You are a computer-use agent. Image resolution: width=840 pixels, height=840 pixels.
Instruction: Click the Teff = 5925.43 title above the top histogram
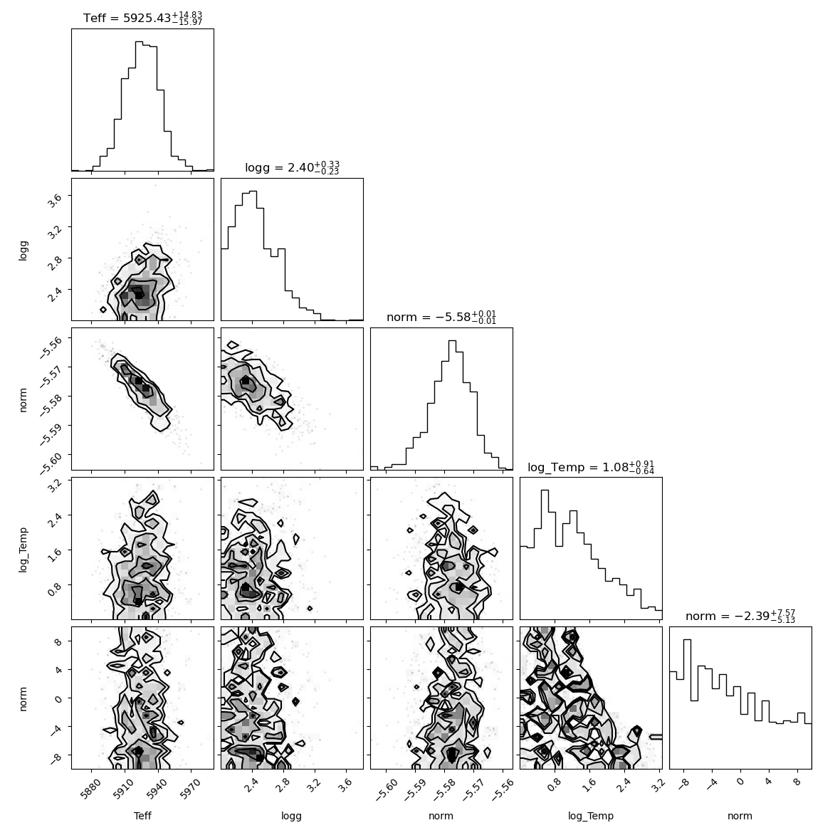pyautogui.click(x=142, y=18)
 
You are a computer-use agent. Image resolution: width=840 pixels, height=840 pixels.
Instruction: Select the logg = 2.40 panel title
pyautogui.click(x=292, y=168)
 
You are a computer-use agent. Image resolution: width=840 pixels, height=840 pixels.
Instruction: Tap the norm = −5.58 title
pyautogui.click(x=441, y=317)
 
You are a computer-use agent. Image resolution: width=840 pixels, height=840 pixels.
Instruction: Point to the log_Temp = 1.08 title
pyautogui.click(x=591, y=467)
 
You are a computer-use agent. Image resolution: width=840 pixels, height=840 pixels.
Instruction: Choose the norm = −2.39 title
pyautogui.click(x=740, y=616)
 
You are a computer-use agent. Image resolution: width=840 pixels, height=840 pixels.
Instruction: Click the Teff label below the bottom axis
pyautogui.click(x=142, y=815)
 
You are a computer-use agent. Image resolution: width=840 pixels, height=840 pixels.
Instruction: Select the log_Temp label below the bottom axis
pyautogui.click(x=591, y=816)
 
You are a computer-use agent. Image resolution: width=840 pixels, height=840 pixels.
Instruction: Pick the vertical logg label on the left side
pyautogui.click(x=23, y=250)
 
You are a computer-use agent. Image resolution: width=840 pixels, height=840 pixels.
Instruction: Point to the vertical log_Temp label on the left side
pyautogui.click(x=23, y=550)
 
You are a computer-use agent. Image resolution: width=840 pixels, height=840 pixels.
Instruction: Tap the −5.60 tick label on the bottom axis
pyautogui.click(x=386, y=792)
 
